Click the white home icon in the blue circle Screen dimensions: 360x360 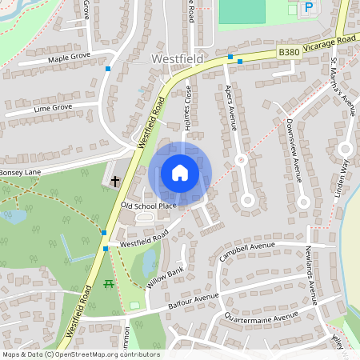[x=180, y=172]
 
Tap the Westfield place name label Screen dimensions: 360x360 [x=178, y=59]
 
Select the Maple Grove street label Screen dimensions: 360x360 [x=69, y=58]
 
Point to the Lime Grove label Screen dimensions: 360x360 [x=53, y=106]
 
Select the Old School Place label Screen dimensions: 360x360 [x=148, y=206]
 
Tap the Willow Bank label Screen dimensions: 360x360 [x=166, y=278]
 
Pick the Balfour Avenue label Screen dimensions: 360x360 [x=194, y=302]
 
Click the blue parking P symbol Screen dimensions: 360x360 [x=309, y=8]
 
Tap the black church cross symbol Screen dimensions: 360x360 [x=115, y=181]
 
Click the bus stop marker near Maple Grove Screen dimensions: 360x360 [x=108, y=69]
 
